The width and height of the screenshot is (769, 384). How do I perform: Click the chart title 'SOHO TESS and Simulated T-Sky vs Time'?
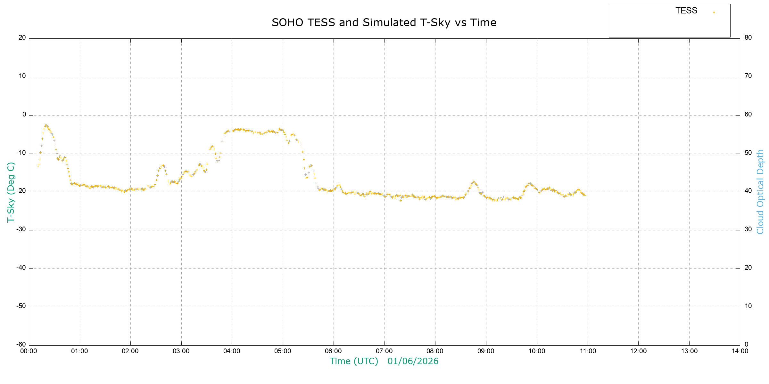384,23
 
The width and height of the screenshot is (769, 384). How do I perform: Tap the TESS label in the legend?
686,11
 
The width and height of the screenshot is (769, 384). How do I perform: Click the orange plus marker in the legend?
714,12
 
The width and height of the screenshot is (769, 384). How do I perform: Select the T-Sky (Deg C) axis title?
11,192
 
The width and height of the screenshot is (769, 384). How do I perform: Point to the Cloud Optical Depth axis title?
760,192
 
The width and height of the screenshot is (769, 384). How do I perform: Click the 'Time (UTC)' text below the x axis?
354,361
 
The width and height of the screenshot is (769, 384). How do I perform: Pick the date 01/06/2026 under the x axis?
413,361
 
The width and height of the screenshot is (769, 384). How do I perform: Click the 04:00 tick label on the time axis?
232,351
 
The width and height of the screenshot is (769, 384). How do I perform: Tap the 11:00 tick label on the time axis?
588,351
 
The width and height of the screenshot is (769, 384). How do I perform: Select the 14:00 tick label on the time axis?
740,351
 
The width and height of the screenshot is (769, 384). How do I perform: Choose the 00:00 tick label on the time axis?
29,351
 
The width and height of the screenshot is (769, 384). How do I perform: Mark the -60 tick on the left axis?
21,345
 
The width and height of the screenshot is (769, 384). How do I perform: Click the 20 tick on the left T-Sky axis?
22,37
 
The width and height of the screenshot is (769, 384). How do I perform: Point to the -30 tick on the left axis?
21,229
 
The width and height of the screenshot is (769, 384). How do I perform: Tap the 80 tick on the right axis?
748,37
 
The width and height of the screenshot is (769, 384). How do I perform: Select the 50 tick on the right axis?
748,153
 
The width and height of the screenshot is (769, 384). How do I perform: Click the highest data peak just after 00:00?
46,125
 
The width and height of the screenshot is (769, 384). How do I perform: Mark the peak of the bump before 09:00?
474,181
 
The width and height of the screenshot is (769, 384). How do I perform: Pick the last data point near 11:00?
585,195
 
